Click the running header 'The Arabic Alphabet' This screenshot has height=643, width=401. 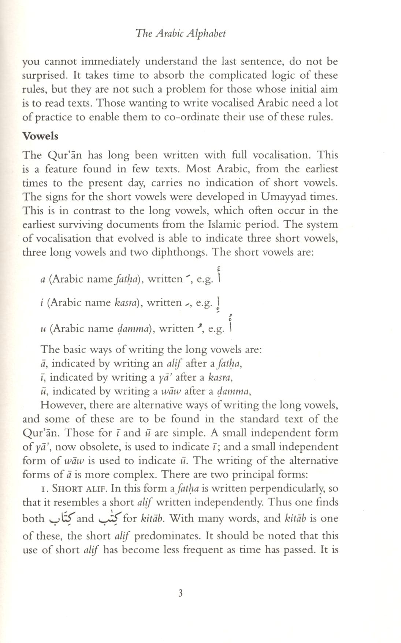(x=181, y=34)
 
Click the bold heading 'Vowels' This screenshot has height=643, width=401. (x=40, y=136)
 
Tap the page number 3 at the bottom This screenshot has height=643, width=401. (x=180, y=594)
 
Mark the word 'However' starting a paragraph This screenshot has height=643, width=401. (x=63, y=405)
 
